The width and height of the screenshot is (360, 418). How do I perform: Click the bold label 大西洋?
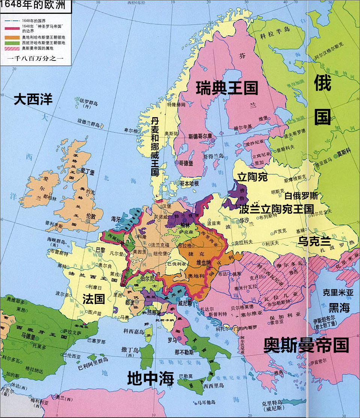pyautogui.click(x=33, y=100)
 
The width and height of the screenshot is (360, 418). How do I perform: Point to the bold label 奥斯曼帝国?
pyautogui.click(x=306, y=345)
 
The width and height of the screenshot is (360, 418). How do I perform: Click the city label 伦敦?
pyautogui.click(x=91, y=216)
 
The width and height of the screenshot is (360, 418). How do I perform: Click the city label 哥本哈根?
pyautogui.click(x=189, y=183)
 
